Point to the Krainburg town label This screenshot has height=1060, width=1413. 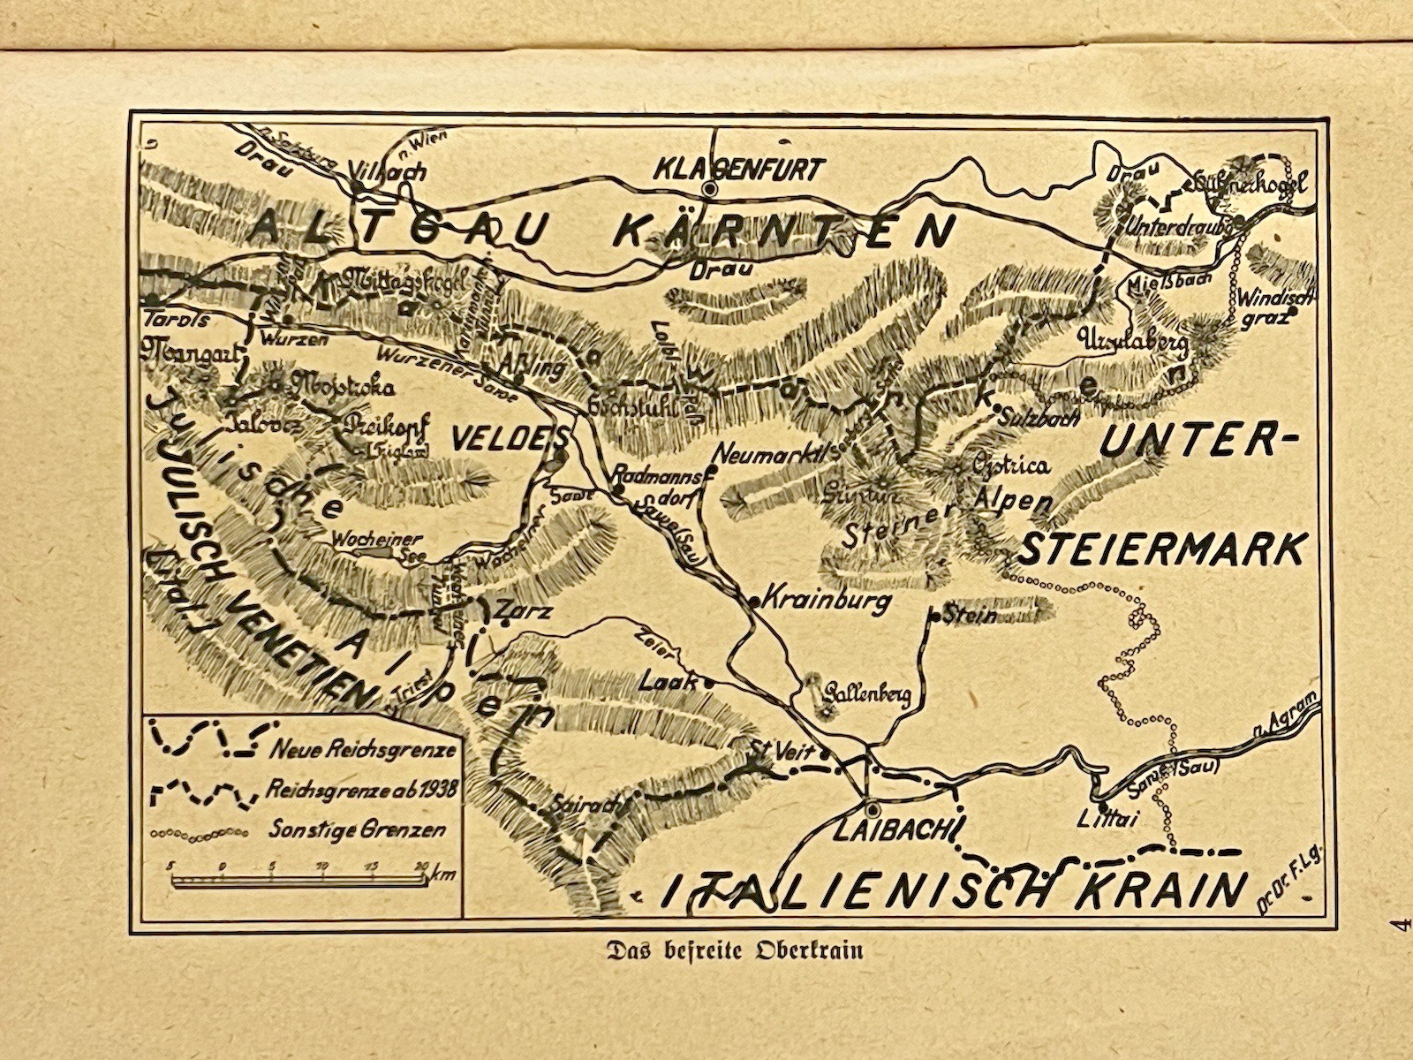(826, 602)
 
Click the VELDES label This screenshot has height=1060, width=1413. (507, 436)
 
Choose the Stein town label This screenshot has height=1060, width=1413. (969, 615)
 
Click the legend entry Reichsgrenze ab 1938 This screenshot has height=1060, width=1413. (360, 790)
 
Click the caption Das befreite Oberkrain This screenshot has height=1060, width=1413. (732, 951)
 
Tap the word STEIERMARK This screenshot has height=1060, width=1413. (1161, 549)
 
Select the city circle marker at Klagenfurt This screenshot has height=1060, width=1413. (709, 188)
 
